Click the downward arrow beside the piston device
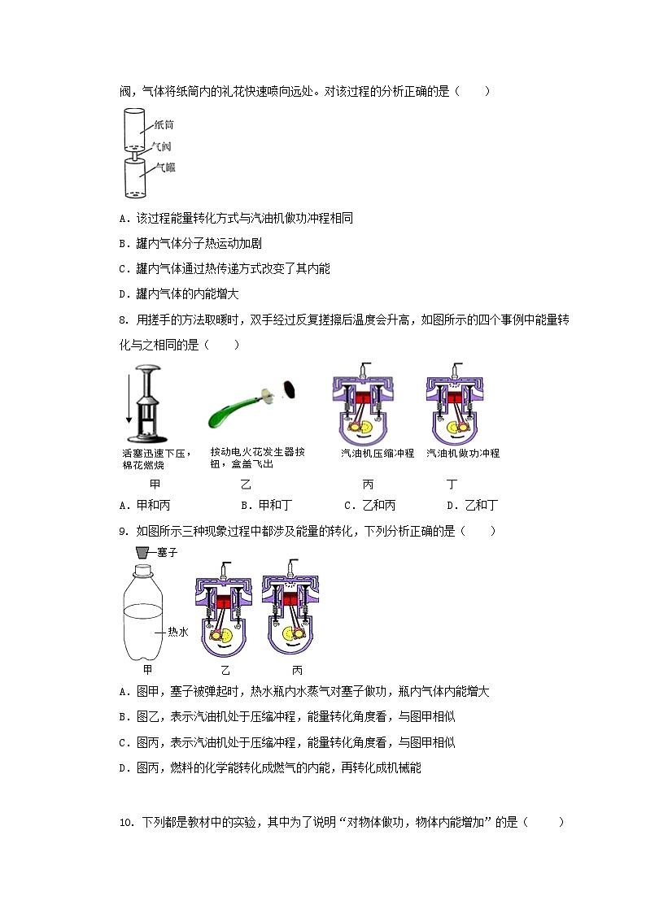tap(129, 398)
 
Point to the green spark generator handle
tap(230, 411)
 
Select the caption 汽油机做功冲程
tap(463, 454)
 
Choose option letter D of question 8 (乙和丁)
tap(452, 505)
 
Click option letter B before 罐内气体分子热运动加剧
tap(123, 243)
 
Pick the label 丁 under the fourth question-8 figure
tap(452, 484)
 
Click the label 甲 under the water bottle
tap(147, 670)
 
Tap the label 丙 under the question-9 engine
tap(297, 671)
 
